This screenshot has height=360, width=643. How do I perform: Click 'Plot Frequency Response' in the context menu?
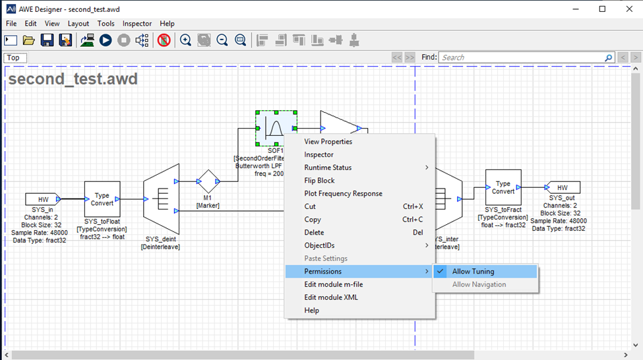343,193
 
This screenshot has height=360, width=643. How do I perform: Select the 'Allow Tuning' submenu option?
473,271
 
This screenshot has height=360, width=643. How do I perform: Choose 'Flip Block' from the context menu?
319,181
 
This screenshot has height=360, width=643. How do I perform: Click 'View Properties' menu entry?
328,142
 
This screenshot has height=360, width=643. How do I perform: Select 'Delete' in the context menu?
314,232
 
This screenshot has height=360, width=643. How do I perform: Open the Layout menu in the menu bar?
78,24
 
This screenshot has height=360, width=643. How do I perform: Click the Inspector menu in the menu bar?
137,24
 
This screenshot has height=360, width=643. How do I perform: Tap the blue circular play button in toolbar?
106,40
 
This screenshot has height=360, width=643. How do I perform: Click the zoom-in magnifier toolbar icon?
186,40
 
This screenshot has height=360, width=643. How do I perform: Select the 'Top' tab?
13,57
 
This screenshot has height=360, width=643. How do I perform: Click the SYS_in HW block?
43,199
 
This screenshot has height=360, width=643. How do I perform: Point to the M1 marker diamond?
208,181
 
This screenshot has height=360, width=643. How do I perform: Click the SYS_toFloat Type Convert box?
102,199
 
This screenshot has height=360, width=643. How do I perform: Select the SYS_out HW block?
562,187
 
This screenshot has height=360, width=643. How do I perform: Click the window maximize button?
602,9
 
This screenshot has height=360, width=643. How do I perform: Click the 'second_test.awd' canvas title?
73,80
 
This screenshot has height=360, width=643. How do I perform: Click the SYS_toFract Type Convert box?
503,187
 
